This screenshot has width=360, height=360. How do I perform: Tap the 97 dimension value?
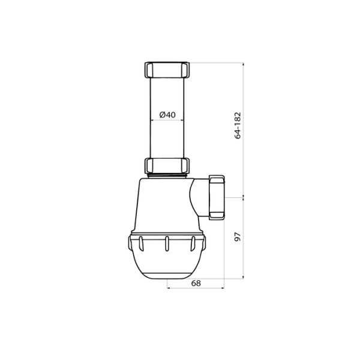coord(238,237)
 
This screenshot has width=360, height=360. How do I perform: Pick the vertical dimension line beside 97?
coord(244,237)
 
